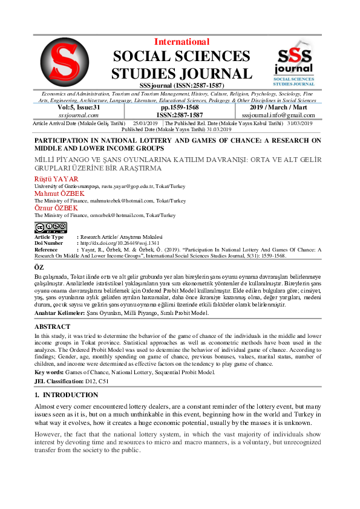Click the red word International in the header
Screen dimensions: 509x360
point(182,42)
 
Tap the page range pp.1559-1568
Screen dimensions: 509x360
point(180,107)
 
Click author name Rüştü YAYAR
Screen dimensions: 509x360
point(56,180)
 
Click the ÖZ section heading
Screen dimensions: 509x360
point(39,267)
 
